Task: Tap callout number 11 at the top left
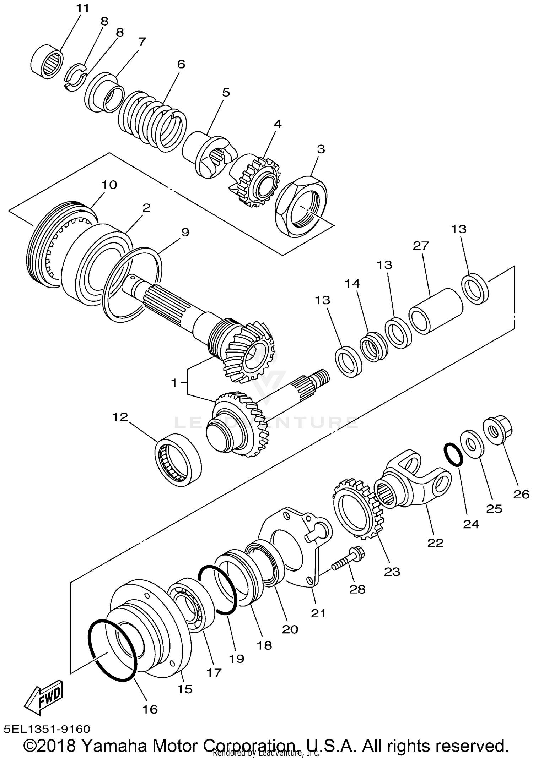(83, 8)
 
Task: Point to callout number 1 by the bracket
(174, 383)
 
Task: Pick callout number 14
(352, 284)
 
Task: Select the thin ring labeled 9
(132, 285)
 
